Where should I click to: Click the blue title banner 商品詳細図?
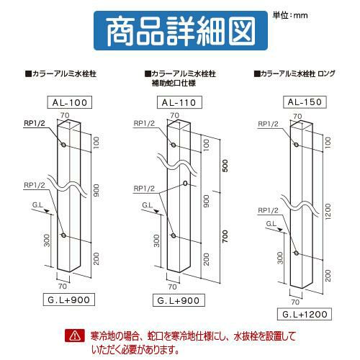(181, 30)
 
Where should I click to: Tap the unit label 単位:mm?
(290, 15)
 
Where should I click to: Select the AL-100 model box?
(70, 102)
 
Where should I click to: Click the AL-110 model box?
(179, 102)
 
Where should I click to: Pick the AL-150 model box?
(305, 102)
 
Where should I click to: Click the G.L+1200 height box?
(305, 314)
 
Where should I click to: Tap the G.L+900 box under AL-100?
(69, 300)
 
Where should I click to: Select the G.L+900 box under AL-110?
(179, 300)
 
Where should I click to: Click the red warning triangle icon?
(75, 336)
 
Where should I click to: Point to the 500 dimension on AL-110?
(225, 166)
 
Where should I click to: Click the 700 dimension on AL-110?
(225, 236)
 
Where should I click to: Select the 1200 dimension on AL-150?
(328, 211)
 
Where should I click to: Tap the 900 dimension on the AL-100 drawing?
(96, 191)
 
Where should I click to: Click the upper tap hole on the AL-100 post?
(63, 145)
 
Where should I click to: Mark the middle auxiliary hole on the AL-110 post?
(185, 184)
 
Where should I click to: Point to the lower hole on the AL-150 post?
(297, 253)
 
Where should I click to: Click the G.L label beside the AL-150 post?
(271, 224)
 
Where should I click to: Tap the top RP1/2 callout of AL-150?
(268, 124)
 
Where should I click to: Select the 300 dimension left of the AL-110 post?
(156, 240)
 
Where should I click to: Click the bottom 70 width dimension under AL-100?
(63, 287)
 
